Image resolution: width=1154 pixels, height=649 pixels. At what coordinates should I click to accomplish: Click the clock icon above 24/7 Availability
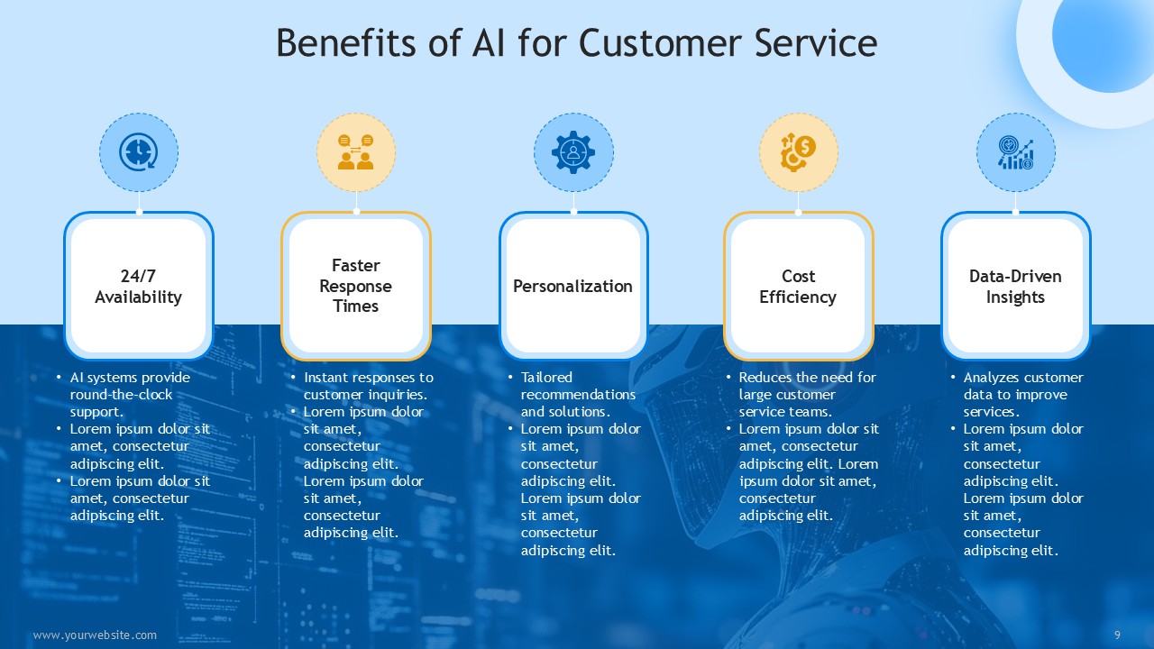[x=139, y=152]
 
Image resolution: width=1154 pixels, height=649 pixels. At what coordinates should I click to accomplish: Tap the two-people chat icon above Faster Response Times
[x=356, y=152]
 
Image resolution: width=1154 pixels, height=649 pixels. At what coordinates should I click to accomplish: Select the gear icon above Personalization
[x=573, y=152]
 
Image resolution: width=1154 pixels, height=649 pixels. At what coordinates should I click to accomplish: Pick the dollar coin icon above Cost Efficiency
[x=798, y=152]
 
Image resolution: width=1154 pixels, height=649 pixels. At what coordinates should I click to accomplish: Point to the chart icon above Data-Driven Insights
[x=1015, y=152]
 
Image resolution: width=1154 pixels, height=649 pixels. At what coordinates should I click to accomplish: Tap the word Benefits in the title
[x=345, y=42]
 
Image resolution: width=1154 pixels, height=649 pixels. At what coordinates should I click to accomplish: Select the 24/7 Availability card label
[x=138, y=287]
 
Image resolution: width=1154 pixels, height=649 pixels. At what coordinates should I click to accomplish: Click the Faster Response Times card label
[x=355, y=286]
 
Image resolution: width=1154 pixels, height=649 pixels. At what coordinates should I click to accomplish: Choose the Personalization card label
[x=572, y=286]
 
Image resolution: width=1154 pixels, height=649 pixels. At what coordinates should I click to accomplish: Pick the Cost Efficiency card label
[x=798, y=287]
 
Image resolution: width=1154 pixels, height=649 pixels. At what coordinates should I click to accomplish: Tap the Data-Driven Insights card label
[x=1015, y=287]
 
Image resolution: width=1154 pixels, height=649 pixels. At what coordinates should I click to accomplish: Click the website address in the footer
[x=95, y=635]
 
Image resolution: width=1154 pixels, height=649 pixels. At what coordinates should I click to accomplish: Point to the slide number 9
[x=1117, y=635]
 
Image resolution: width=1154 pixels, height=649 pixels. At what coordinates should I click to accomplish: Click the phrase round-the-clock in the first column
[x=121, y=395]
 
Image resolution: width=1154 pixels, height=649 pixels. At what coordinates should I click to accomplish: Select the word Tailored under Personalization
[x=546, y=378]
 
